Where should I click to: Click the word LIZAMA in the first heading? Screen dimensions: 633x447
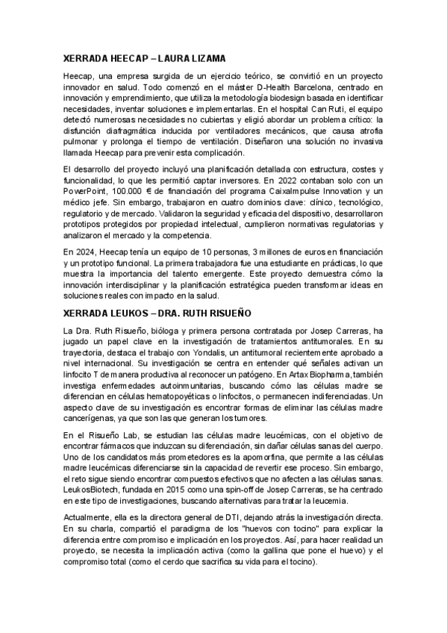pos(207,57)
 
